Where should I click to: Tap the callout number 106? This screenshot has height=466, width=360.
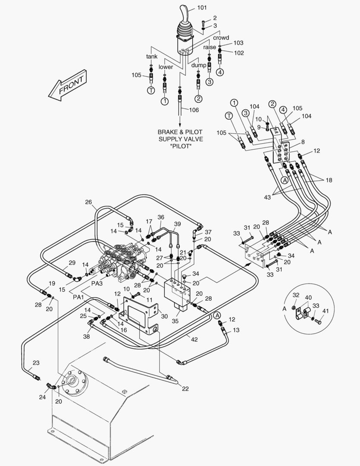[194, 110]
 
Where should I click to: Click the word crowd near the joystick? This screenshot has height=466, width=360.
[221, 38]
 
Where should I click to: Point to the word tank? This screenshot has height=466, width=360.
[152, 57]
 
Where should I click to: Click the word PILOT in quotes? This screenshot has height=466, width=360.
[180, 147]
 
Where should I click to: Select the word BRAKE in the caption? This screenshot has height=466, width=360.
[167, 132]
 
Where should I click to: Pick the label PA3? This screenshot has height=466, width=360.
[97, 284]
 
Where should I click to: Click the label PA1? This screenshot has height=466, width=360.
[78, 297]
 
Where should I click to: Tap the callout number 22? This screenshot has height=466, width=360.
[185, 389]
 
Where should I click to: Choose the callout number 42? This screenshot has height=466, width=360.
[194, 340]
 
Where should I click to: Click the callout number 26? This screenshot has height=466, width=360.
[89, 202]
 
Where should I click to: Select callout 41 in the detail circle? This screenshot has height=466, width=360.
[326, 311]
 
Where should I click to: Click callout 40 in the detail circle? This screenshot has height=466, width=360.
[308, 298]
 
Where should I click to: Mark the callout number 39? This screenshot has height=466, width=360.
[177, 224]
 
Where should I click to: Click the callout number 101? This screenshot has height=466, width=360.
[202, 8]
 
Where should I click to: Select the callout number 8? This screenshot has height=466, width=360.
[303, 142]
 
